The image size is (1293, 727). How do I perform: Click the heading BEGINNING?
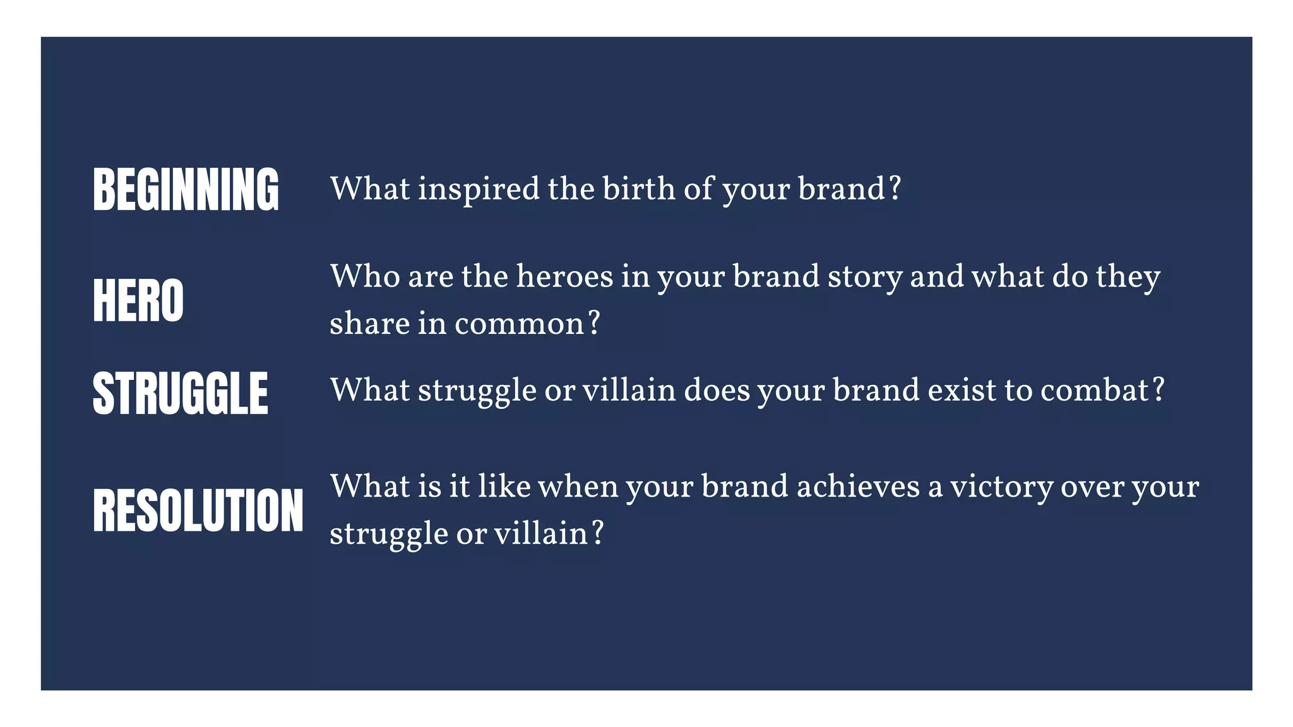pos(186,189)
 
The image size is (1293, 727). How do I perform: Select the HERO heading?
pos(138,300)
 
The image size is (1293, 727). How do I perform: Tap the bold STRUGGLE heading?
pos(181,393)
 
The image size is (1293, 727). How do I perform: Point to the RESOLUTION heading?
pos(198,510)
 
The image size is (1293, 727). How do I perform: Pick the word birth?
pos(638,189)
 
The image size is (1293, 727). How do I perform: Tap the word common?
pos(519,324)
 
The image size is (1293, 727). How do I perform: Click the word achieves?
pos(858,487)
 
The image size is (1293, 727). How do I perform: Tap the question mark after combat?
pos(1158,390)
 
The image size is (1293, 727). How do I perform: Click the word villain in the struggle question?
pos(629,390)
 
